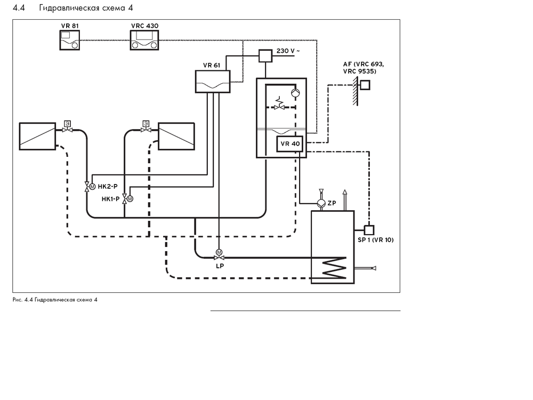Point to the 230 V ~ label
point(288,51)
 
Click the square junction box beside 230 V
point(265,56)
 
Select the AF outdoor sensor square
point(365,85)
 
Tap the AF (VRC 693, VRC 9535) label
point(363,67)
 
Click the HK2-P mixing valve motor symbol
point(92,187)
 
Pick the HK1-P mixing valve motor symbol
point(129,199)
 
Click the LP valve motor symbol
point(219,252)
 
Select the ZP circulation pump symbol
point(320,204)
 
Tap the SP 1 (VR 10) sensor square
point(368,229)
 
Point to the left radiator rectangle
point(37,136)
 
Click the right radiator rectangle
point(176,136)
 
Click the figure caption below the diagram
point(55,300)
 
